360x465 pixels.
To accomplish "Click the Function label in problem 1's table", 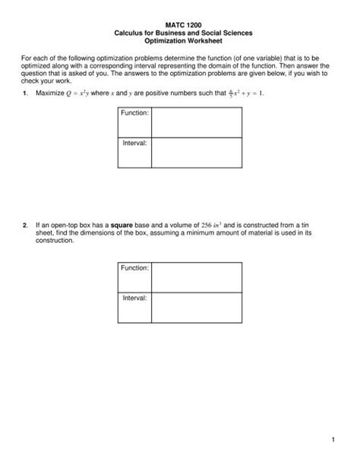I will pos(134,113).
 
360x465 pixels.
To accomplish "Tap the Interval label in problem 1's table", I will pos(133,143).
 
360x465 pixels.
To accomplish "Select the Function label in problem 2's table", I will pos(134,268).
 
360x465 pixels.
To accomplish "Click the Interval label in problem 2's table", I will pos(133,298).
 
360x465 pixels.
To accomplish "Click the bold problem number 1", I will pos(25,93).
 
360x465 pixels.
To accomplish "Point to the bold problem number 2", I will pos(25,225).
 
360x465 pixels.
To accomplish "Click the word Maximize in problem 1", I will pos(52,93).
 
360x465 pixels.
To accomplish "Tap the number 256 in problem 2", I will pos(205,225).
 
